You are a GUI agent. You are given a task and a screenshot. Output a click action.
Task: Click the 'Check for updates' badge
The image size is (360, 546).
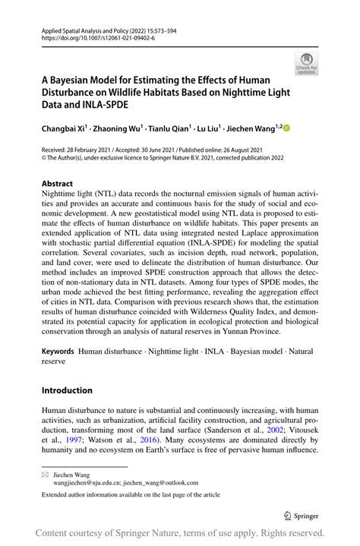(308, 64)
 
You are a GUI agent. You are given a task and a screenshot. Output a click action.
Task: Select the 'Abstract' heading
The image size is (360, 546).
(57, 184)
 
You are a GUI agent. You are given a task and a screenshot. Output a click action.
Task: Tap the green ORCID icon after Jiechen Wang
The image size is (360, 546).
(287, 129)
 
